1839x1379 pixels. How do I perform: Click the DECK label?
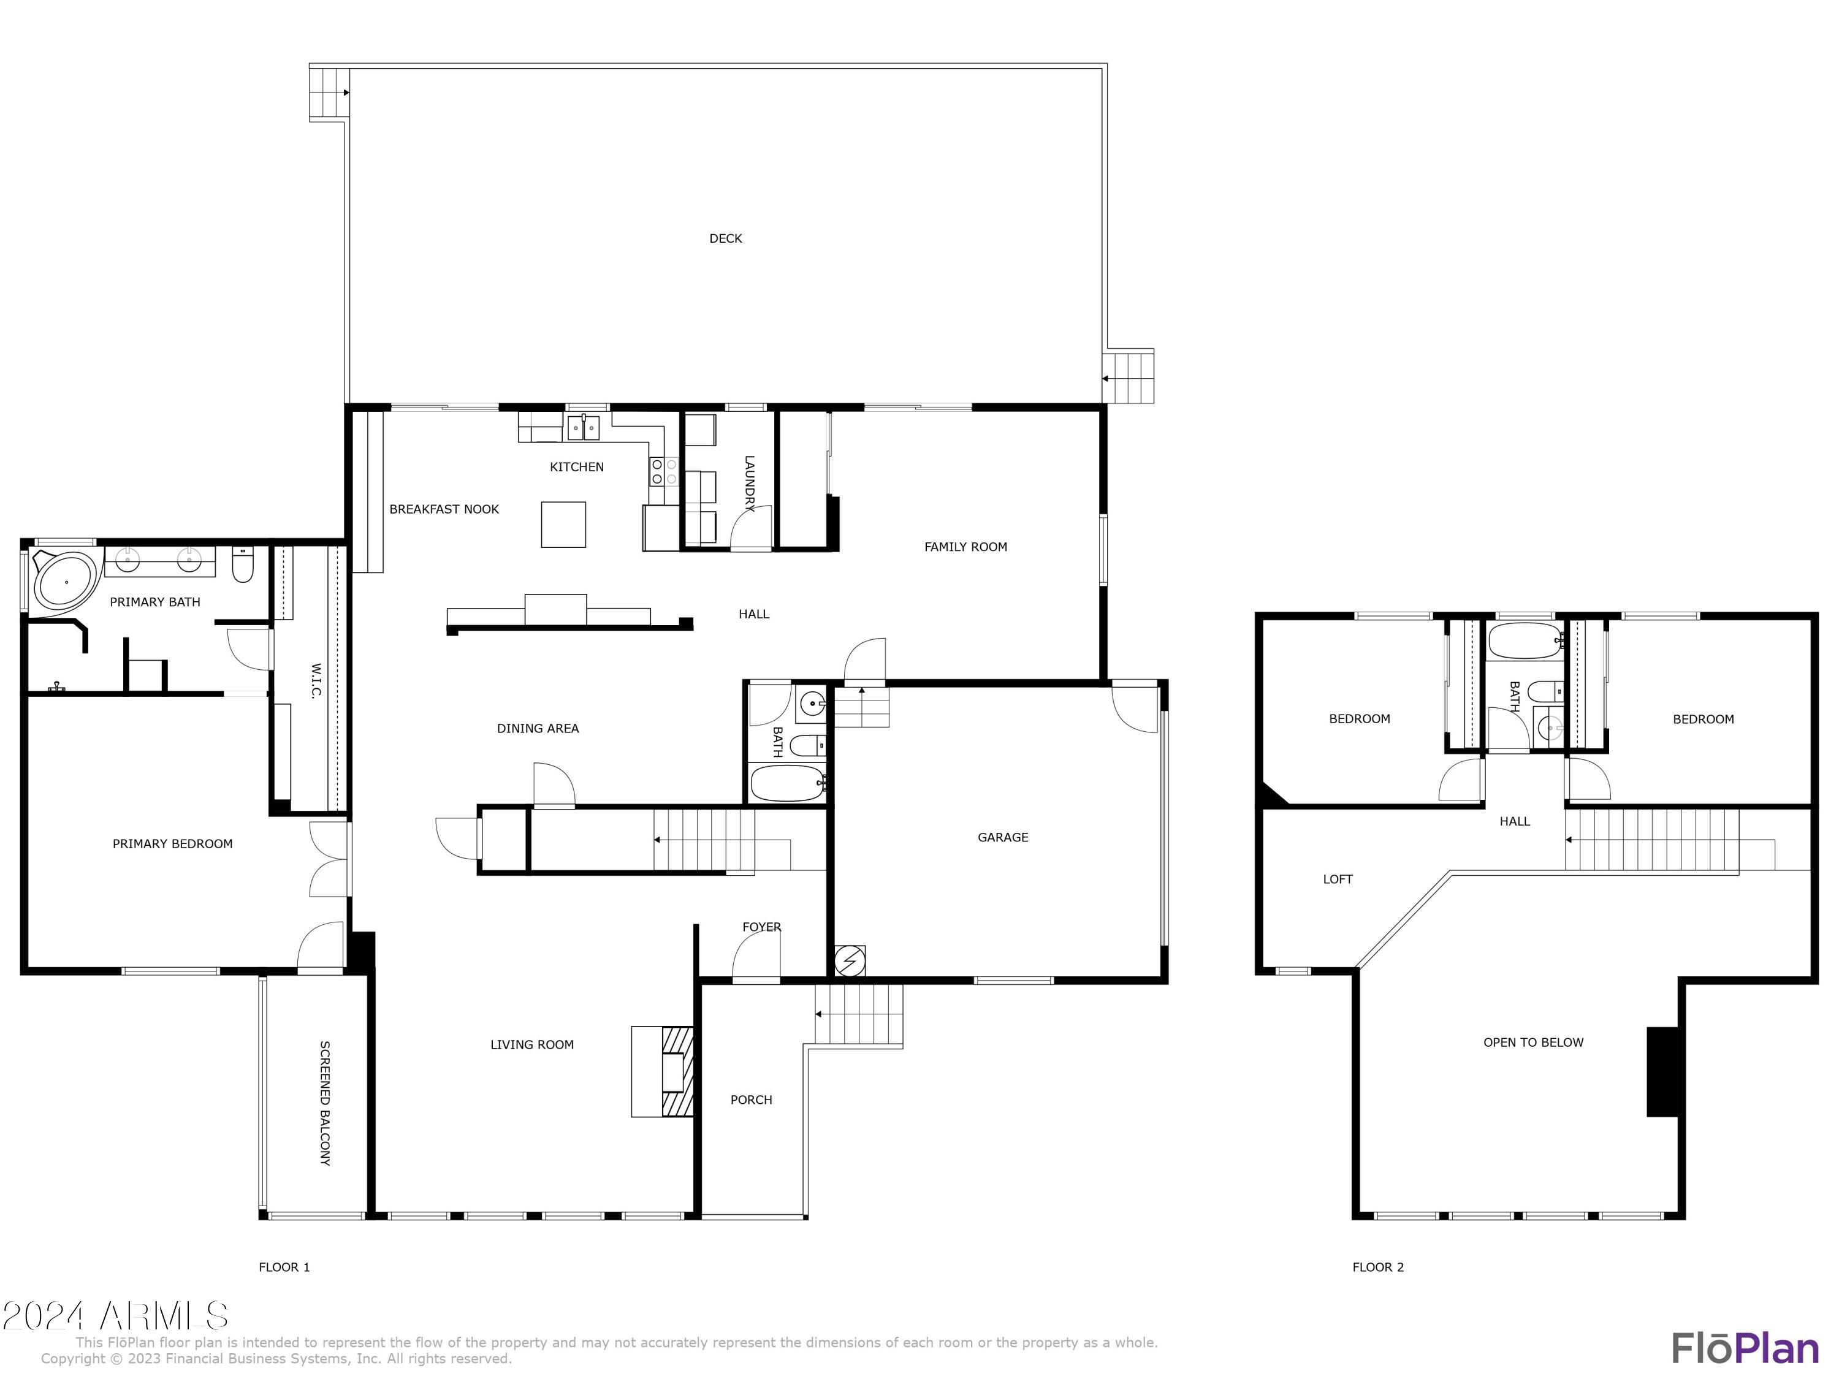click(725, 238)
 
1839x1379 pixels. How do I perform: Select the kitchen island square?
click(563, 525)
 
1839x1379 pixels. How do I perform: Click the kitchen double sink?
click(584, 427)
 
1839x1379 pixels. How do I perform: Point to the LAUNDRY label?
click(748, 483)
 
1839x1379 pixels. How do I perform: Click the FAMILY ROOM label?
click(965, 547)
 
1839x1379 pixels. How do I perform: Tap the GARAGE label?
click(1003, 837)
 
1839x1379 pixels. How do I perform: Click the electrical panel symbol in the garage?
click(849, 961)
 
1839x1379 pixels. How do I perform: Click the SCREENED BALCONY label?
click(325, 1103)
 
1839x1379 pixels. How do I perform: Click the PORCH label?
click(751, 1100)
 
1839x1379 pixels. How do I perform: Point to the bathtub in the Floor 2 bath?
click(1525, 641)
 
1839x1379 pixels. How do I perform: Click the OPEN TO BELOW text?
click(1533, 1043)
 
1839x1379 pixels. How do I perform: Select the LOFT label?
click(1338, 879)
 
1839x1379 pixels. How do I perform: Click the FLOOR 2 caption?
click(1377, 1267)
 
